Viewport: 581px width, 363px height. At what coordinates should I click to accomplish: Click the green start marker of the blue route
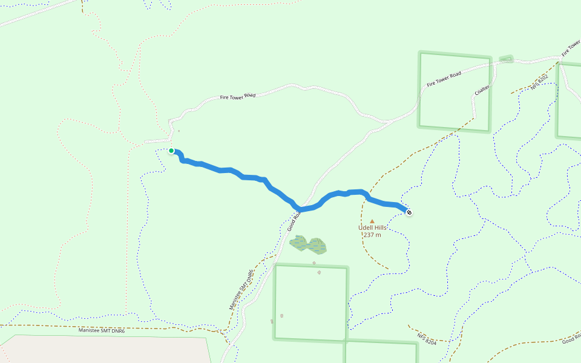171,151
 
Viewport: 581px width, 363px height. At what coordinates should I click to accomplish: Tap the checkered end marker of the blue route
409,212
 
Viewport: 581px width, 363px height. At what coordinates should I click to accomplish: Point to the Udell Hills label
372,227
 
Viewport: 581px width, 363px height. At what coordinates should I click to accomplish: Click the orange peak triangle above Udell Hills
372,221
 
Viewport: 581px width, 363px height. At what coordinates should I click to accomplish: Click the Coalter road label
482,89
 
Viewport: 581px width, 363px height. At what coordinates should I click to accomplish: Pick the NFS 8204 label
427,339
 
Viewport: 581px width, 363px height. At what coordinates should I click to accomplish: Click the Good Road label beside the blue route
294,221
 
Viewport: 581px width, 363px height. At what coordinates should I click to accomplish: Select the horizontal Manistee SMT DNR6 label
102,331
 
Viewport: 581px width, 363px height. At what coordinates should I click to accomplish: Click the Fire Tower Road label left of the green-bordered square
238,96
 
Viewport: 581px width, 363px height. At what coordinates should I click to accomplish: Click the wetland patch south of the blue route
309,245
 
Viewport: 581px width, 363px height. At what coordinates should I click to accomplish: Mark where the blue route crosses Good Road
301,209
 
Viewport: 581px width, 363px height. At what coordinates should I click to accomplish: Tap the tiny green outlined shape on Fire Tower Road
506,59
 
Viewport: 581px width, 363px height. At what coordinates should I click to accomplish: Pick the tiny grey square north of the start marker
179,130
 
